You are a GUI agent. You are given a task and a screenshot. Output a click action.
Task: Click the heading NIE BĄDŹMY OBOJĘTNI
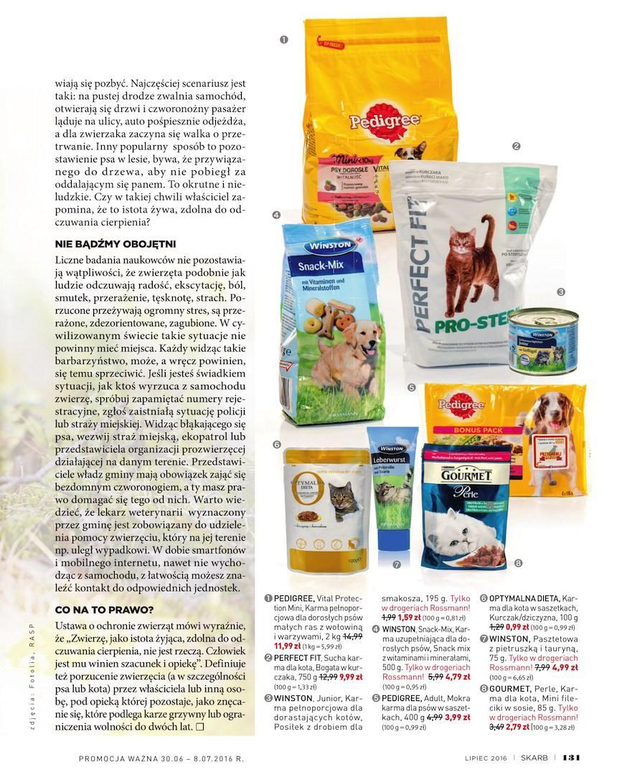click(116, 243)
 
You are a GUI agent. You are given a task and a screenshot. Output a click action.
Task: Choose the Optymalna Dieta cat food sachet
click(322, 503)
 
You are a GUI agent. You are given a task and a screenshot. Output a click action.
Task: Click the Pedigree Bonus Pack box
click(517, 438)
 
